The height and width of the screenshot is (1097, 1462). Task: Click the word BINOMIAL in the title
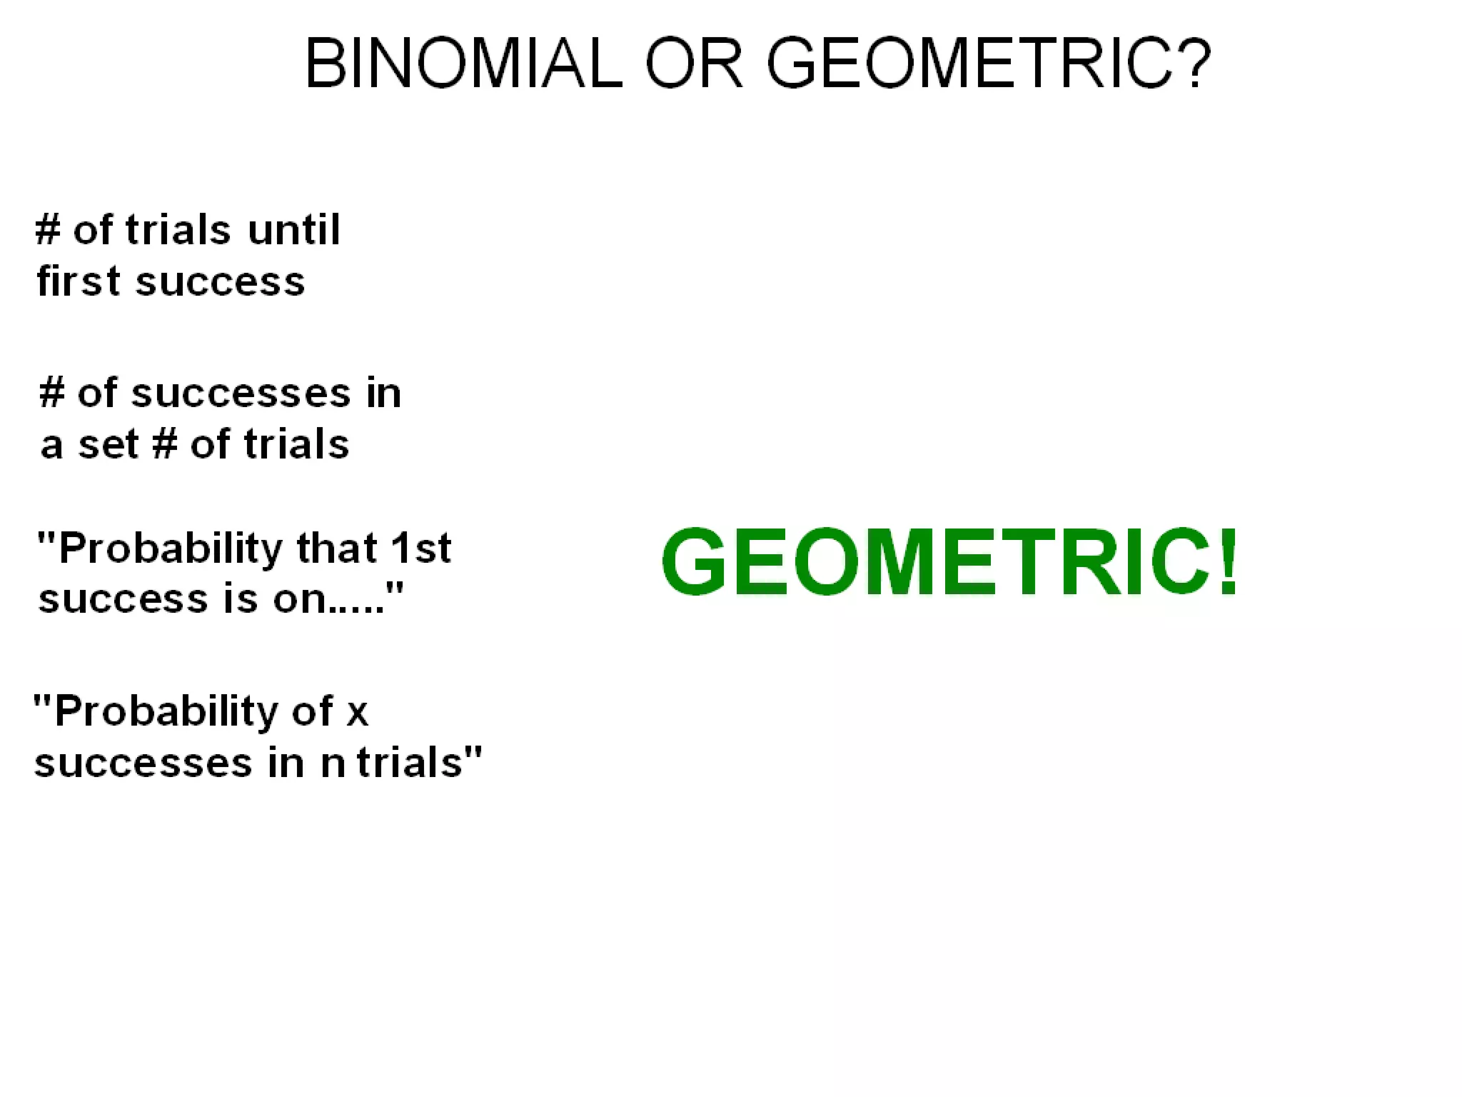tap(464, 64)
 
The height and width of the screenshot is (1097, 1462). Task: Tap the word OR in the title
tap(694, 64)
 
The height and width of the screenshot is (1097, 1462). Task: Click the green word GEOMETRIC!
tap(949, 562)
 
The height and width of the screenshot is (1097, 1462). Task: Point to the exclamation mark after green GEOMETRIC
tap(1228, 562)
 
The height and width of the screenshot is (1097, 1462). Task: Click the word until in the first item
tap(293, 230)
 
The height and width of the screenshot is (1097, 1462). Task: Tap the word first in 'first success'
tap(79, 281)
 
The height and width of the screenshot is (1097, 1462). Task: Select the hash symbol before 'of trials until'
tap(49, 230)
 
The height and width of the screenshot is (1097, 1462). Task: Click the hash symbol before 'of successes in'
tap(52, 393)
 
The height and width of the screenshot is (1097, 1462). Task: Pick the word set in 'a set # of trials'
tap(108, 444)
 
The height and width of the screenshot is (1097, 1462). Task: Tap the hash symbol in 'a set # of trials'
tap(164, 444)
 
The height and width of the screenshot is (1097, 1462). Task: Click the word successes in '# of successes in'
tap(241, 394)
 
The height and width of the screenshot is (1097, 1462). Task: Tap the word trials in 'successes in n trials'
tap(410, 762)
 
